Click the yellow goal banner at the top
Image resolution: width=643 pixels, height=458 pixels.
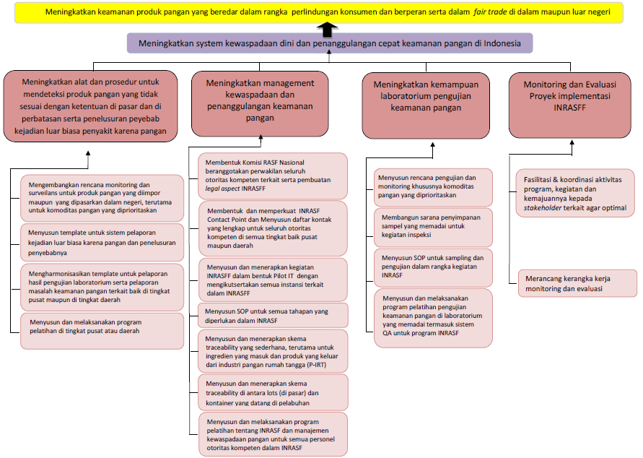coord(321,12)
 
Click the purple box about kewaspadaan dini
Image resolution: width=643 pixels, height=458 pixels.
coord(329,43)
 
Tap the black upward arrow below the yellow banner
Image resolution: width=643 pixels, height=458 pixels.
coord(328,28)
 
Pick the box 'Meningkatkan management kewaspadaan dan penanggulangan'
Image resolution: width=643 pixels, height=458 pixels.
coord(260,103)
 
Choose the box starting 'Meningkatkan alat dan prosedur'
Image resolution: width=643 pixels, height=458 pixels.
coord(90,103)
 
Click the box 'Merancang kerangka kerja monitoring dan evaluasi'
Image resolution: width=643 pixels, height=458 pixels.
coord(577,282)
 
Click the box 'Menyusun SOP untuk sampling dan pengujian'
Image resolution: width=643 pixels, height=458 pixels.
coord(434,266)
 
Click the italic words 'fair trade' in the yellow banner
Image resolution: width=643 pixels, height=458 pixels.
coord(489,12)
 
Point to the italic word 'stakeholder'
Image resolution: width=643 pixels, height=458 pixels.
coord(546,207)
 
